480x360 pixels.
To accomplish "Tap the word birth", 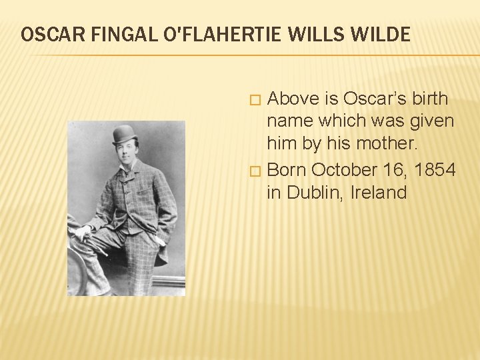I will coord(431,99).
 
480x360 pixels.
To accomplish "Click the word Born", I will coord(287,170).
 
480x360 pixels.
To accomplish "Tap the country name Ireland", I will coord(378,193).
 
